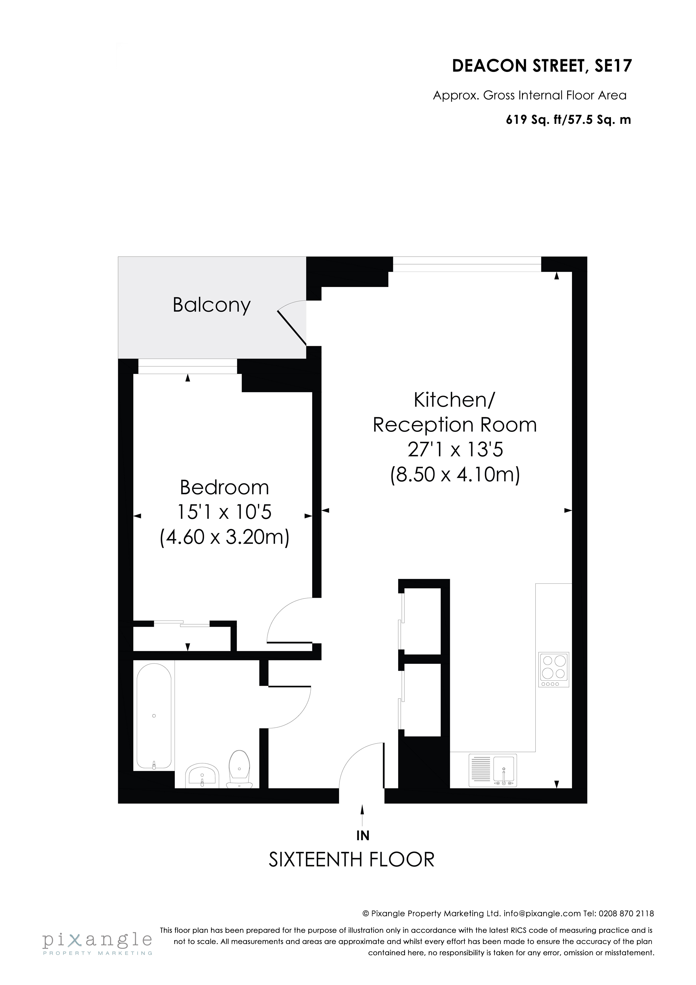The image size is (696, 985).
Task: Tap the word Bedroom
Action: pyautogui.click(x=224, y=487)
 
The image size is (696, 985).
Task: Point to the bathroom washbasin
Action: pyautogui.click(x=202, y=776)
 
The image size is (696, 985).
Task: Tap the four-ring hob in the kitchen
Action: pyautogui.click(x=554, y=670)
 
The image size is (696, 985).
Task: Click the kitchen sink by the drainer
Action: pyautogui.click(x=505, y=770)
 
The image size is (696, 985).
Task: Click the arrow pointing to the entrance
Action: pyautogui.click(x=363, y=815)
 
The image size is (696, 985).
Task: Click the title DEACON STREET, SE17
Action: pyautogui.click(x=542, y=66)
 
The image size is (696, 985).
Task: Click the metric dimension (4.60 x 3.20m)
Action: pyautogui.click(x=224, y=537)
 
